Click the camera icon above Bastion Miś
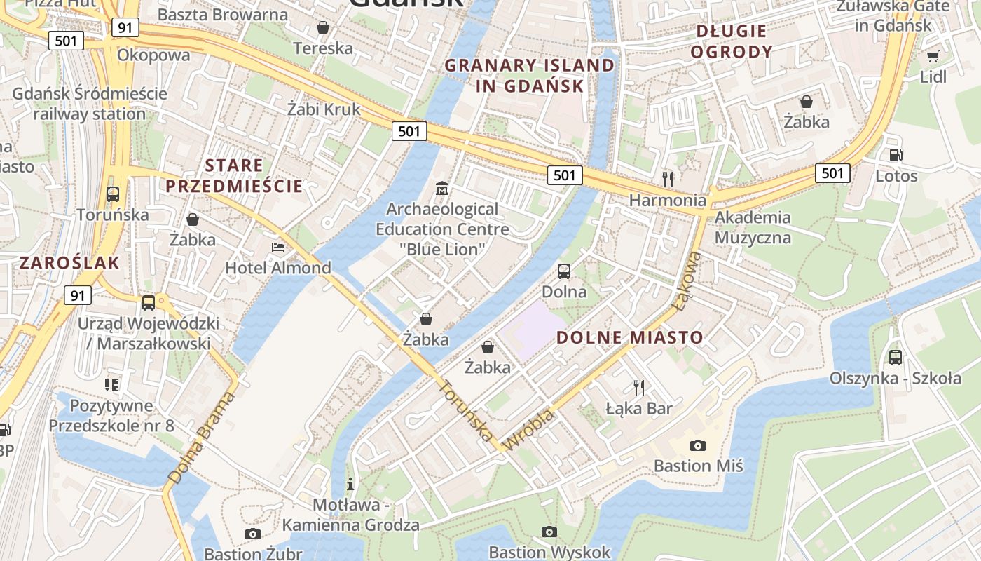[697, 445]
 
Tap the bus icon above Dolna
[564, 271]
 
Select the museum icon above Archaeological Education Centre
[442, 189]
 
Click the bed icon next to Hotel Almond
[278, 248]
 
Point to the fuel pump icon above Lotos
[896, 155]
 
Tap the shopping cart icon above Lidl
[933, 56]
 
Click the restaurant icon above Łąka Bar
[638, 387]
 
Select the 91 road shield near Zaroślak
[78, 295]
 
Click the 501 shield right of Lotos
[832, 173]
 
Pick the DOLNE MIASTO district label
[629, 337]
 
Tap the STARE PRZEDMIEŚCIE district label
[234, 176]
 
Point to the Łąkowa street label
[690, 280]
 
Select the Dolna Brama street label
[199, 439]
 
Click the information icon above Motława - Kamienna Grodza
[350, 484]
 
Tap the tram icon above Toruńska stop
[113, 194]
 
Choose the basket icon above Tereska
[323, 27]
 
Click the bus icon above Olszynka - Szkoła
[896, 358]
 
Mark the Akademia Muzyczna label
[753, 227]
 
